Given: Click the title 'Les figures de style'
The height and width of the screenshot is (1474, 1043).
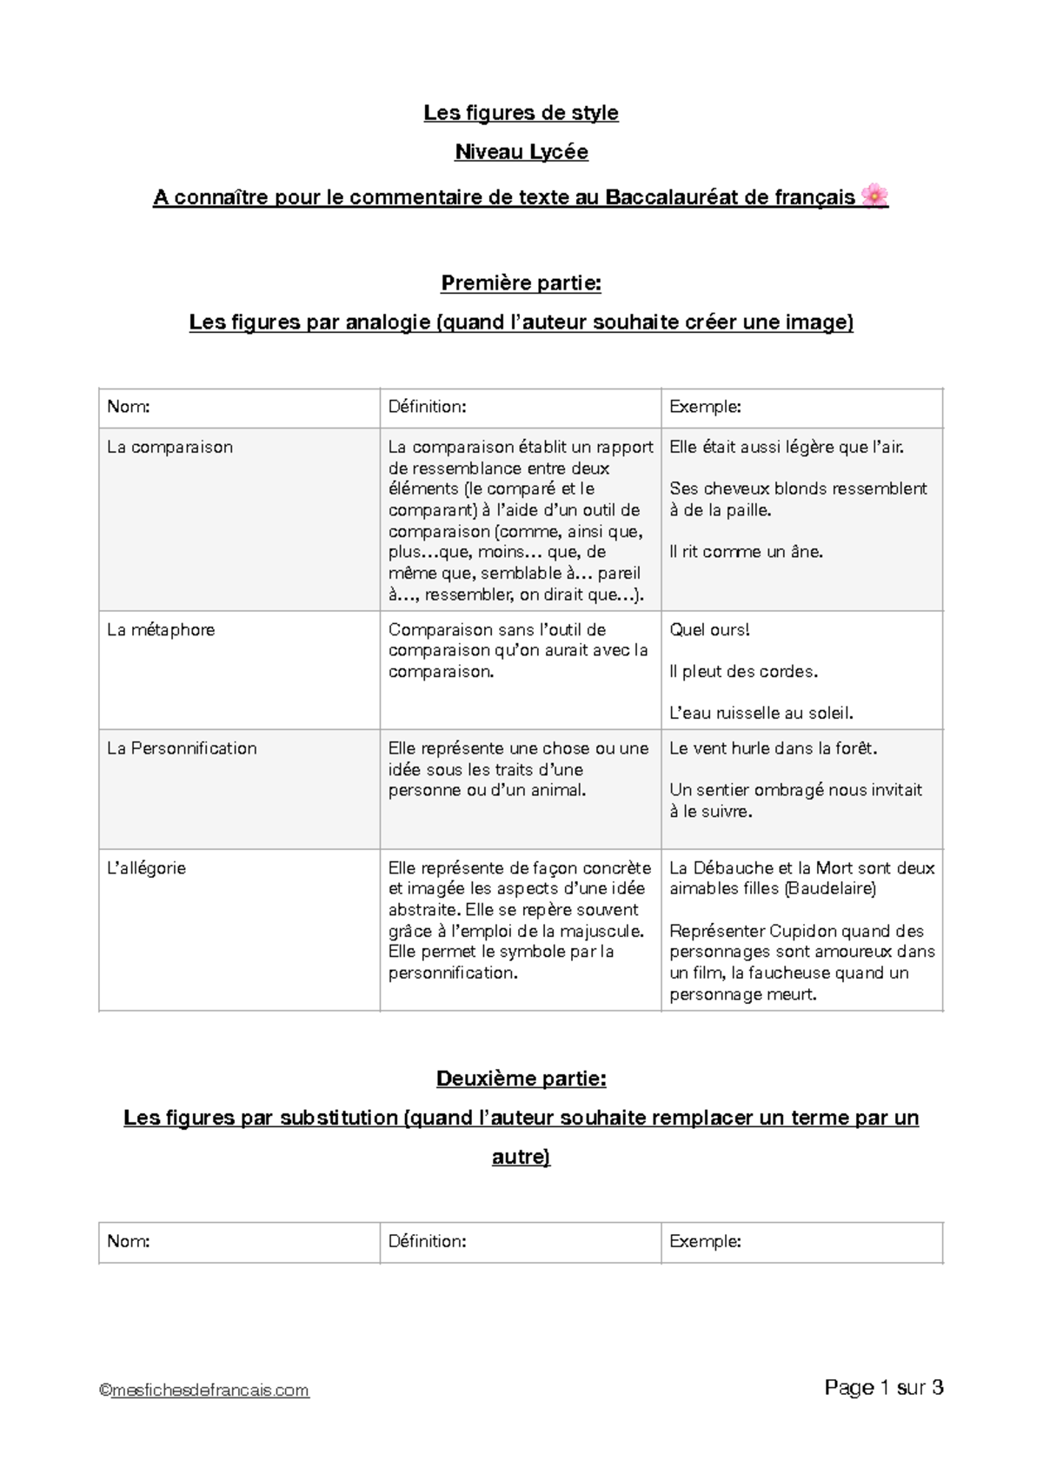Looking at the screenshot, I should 521,113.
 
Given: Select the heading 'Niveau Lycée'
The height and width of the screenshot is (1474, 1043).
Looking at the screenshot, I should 521,152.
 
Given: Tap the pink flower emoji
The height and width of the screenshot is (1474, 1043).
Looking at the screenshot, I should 874,196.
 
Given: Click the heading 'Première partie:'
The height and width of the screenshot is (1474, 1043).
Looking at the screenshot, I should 521,283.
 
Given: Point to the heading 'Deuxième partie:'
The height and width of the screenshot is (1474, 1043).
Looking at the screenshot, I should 521,1079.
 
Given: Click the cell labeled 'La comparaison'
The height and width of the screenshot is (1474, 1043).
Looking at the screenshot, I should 169,448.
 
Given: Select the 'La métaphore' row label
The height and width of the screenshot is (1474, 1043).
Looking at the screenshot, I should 161,630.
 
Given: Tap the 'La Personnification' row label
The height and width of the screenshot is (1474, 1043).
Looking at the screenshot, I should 182,748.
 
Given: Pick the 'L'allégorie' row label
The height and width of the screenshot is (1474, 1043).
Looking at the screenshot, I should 146,868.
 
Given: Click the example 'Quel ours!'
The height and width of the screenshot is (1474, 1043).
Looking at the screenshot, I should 709,630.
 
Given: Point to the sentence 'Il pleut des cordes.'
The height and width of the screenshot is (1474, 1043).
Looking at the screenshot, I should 744,672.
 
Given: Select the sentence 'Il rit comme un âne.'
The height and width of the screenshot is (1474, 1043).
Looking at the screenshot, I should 746,552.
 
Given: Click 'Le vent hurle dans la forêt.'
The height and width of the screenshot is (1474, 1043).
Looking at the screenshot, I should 774,748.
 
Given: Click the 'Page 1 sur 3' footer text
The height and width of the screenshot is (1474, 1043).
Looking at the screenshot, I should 883,1388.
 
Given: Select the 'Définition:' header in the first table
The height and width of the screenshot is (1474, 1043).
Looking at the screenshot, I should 427,407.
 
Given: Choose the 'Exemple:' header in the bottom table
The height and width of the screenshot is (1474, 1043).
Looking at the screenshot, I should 705,1242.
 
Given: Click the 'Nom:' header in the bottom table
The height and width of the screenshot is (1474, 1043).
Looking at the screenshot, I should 128,1242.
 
